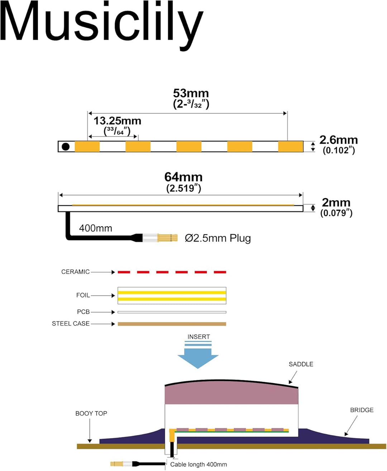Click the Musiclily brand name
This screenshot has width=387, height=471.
click(x=102, y=25)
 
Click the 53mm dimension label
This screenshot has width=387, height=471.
click(x=191, y=93)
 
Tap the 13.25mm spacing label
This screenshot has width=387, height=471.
click(x=118, y=121)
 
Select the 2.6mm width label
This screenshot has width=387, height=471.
click(x=339, y=140)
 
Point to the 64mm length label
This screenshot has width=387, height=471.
click(x=183, y=177)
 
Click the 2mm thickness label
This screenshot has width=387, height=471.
click(x=336, y=203)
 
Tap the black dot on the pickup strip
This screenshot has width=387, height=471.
click(x=66, y=147)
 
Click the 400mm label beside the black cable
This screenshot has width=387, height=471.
click(x=96, y=228)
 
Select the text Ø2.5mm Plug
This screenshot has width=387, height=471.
click(x=218, y=238)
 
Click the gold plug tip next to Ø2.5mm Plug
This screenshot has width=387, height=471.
click(x=167, y=238)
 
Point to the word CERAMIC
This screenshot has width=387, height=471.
click(x=76, y=272)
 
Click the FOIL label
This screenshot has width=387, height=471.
click(x=83, y=295)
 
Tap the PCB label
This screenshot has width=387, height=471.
click(x=83, y=312)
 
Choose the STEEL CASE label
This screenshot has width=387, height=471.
click(x=71, y=324)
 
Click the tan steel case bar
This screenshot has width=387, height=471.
click(x=172, y=324)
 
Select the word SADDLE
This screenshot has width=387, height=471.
click(x=301, y=364)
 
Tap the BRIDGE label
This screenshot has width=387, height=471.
click(x=362, y=410)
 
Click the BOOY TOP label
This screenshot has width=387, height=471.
click(x=91, y=413)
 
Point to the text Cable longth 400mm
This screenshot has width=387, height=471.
click(x=199, y=465)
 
